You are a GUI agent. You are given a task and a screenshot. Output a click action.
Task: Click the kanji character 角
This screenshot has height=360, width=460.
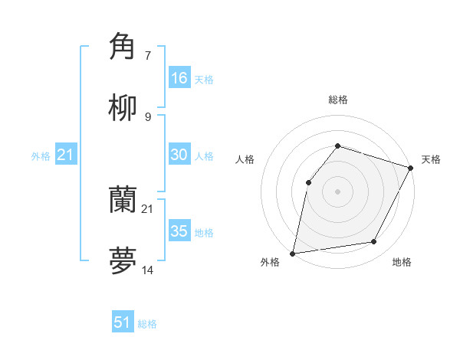click(123, 47)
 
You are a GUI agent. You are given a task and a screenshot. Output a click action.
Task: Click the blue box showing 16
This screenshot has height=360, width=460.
click(179, 78)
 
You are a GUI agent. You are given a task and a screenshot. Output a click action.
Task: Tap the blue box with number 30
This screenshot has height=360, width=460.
click(179, 155)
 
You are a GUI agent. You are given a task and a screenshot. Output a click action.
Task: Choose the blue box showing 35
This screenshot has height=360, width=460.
click(179, 231)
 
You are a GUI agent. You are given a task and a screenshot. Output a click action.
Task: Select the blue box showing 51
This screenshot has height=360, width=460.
click(123, 322)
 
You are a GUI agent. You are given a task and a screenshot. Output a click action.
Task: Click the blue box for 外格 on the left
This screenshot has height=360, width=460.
click(66, 155)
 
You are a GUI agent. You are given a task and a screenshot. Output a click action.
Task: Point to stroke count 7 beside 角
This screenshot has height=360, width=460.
click(148, 56)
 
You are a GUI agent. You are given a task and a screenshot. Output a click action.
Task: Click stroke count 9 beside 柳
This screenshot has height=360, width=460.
click(148, 117)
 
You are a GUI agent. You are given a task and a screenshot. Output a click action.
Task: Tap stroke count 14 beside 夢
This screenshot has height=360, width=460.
click(148, 270)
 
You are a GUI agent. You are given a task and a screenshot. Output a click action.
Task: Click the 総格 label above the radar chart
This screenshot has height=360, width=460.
click(338, 100)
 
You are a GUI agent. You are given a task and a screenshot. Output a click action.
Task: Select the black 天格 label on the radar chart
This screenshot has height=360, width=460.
click(431, 159)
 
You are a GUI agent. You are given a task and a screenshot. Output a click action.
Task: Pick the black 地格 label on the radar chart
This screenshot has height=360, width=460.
click(402, 262)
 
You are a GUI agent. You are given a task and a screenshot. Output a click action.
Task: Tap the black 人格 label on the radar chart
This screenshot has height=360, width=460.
click(245, 159)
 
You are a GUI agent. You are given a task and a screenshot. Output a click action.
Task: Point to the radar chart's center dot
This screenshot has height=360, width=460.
click(337, 191)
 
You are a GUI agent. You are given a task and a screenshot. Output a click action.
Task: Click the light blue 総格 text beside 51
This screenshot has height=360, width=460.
click(147, 324)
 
